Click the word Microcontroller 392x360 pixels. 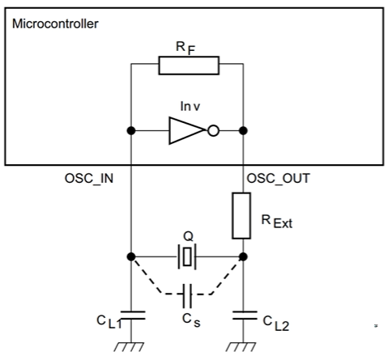(55, 23)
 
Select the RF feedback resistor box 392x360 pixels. (189, 66)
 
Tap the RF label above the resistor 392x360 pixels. (185, 48)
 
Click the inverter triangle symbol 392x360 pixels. (186, 130)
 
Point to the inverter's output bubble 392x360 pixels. (213, 131)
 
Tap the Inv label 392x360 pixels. (190, 107)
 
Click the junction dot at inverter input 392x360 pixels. (131, 131)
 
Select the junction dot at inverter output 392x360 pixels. (243, 131)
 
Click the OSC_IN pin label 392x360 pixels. (89, 179)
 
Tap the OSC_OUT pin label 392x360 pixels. (279, 179)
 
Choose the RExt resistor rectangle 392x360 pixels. (241, 216)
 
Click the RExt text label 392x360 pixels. (277, 222)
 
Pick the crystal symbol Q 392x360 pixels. (187, 256)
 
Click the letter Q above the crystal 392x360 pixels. (188, 236)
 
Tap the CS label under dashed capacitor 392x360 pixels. (191, 320)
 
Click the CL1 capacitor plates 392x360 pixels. (131, 316)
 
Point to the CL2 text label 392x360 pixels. (276, 324)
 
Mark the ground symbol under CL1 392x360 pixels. (129, 347)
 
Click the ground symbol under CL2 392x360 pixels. (241, 347)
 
